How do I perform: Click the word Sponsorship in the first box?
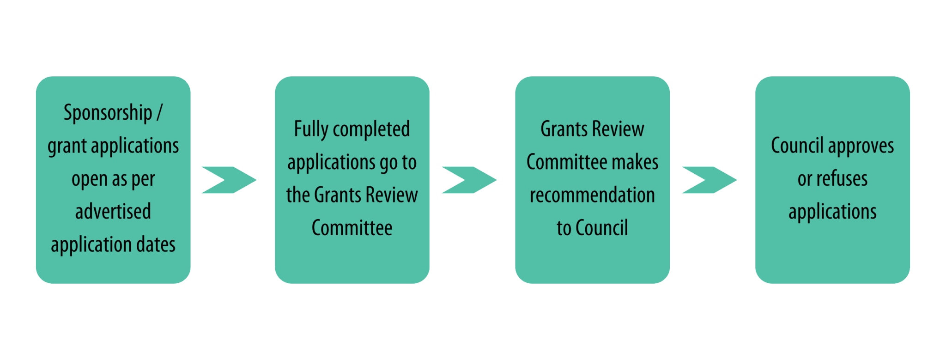[108, 113]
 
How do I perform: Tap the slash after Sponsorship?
[159, 112]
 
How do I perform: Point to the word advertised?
[113, 211]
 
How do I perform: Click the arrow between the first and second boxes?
[229, 180]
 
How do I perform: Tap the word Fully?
[311, 129]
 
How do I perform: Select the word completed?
[371, 129]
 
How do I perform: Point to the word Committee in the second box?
[352, 228]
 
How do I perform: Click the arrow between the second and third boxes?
[469, 180]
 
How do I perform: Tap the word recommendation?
[592, 195]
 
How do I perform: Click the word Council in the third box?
[602, 228]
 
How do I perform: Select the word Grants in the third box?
[564, 129]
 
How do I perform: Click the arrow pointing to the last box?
[709, 180]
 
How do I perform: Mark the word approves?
[861, 146]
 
